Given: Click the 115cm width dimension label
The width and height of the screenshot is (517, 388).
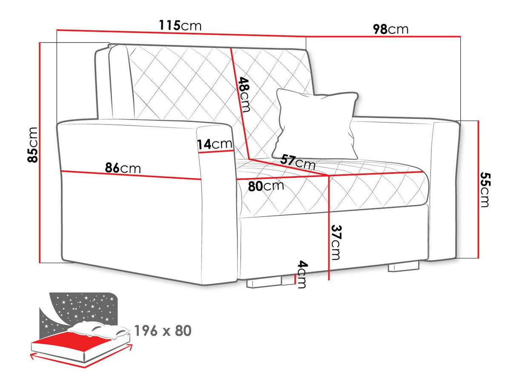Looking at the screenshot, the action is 180,26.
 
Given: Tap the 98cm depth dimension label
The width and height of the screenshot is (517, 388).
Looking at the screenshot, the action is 391,29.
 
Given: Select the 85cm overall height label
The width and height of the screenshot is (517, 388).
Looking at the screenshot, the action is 32,145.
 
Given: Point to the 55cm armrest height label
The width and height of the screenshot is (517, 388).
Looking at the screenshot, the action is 485,190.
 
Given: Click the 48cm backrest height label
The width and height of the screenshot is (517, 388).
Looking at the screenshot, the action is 244,95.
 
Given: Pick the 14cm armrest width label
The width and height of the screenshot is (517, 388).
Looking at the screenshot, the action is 215,144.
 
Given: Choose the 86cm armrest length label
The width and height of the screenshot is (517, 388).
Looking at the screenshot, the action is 123,168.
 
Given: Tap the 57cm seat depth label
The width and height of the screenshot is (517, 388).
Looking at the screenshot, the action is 298,162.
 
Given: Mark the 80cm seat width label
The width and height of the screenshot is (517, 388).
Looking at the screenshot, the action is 266,186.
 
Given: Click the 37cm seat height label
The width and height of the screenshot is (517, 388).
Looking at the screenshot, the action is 336,242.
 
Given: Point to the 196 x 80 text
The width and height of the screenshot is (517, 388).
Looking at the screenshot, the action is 163,331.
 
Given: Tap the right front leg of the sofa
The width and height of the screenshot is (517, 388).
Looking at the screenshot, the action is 403,266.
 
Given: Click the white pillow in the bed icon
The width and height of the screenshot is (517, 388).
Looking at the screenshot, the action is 99,329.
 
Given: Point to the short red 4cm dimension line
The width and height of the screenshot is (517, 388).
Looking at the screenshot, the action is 295,279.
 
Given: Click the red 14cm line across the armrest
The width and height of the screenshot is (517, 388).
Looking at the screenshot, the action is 216,151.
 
